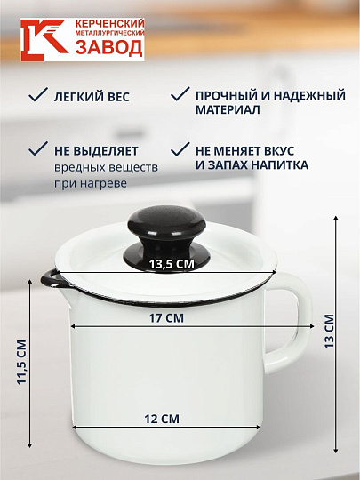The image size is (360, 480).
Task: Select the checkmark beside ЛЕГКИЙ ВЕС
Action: [x=37, y=93]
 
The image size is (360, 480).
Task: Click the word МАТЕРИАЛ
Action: [x=228, y=110]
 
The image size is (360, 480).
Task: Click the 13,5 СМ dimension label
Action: [x=171, y=264]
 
